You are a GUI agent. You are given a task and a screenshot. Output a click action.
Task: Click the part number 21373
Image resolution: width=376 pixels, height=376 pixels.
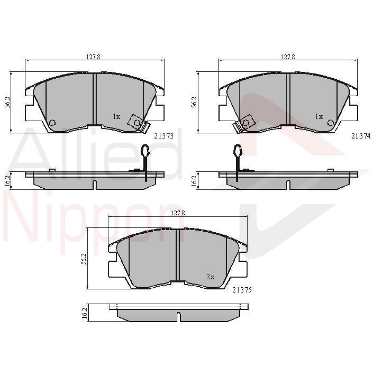click(x=164, y=136)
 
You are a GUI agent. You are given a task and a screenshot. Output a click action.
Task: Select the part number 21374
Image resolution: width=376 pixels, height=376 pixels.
click(x=361, y=136)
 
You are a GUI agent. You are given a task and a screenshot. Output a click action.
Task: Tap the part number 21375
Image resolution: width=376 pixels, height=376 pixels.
click(x=242, y=290)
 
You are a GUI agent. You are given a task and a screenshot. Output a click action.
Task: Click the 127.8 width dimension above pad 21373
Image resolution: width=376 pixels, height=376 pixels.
click(x=93, y=57)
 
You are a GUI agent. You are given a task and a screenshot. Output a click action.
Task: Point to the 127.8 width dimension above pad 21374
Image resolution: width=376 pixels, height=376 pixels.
click(x=288, y=57)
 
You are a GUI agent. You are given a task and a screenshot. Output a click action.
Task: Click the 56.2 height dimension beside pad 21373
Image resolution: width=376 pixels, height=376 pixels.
click(x=8, y=102)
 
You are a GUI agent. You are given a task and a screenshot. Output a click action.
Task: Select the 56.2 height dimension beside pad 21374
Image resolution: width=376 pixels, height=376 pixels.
click(x=194, y=102)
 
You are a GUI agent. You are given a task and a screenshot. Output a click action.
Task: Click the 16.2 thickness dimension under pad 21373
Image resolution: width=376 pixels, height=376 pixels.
click(x=7, y=180)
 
